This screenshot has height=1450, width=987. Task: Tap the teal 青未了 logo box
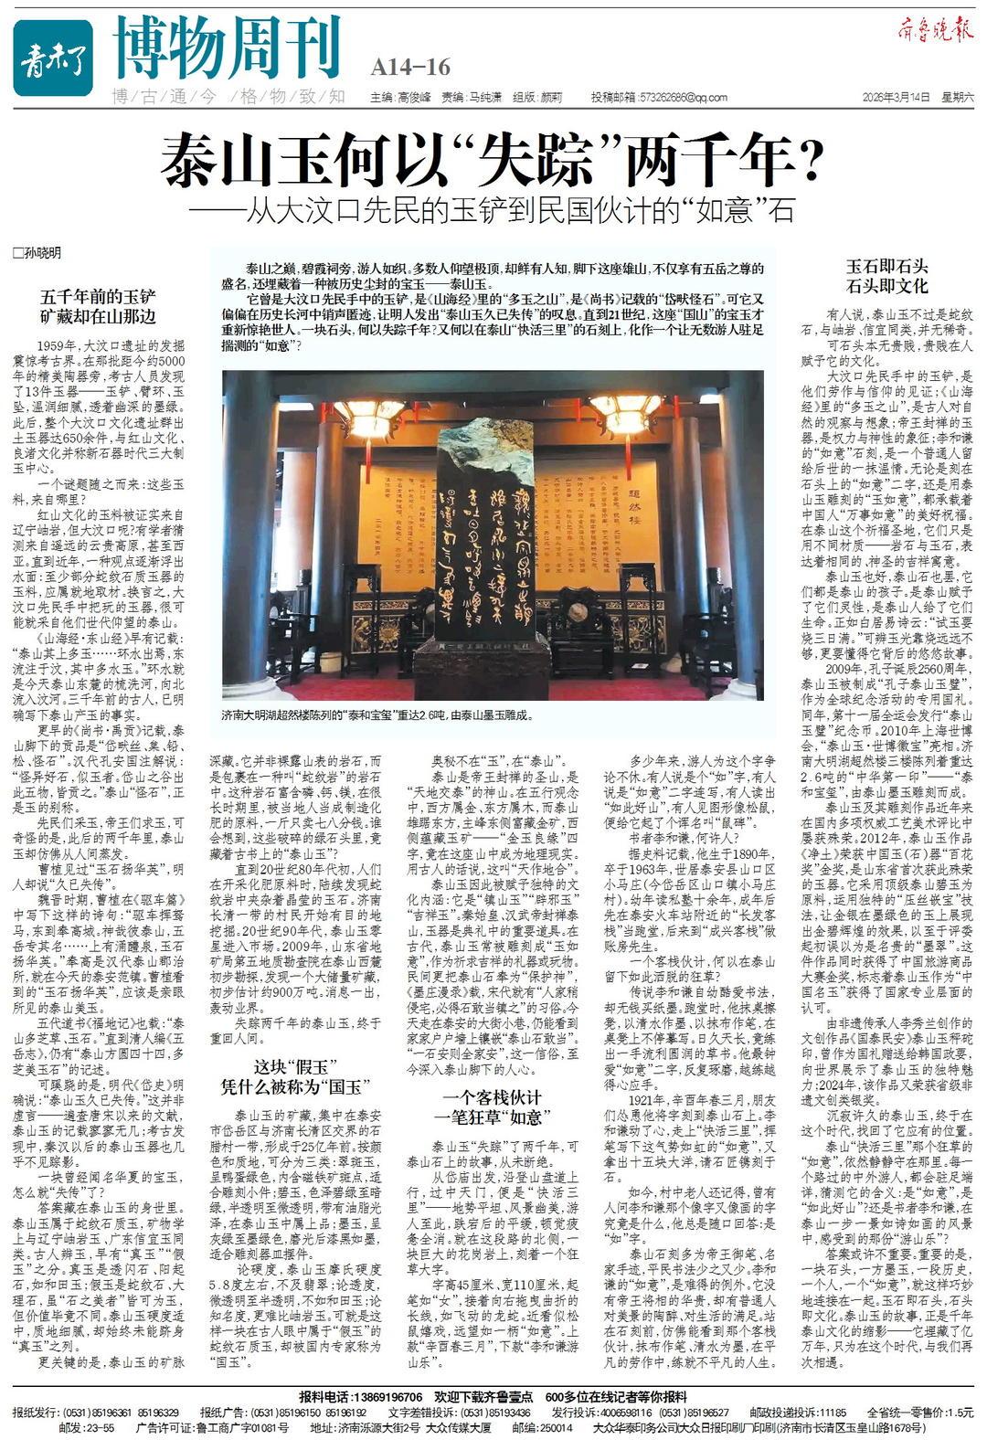[x=53, y=57]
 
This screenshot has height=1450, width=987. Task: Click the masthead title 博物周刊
[x=228, y=48]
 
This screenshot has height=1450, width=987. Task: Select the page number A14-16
[x=411, y=67]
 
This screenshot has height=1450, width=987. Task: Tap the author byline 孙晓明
[x=38, y=252]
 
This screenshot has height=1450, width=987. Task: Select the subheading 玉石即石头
[x=886, y=266]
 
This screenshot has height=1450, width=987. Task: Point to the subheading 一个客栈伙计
[x=493, y=1097]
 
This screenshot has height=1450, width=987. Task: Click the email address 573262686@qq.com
[x=672, y=98]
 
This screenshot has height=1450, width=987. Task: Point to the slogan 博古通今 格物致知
[x=228, y=97]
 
